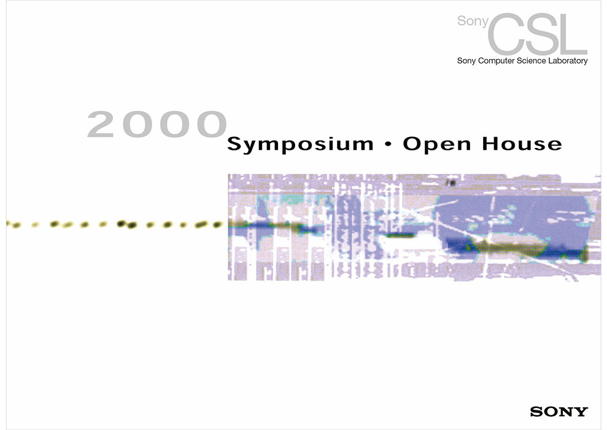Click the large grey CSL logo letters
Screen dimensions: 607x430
tap(538, 34)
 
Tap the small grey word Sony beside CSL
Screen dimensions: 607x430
tap(473, 21)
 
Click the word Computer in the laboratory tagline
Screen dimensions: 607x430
tap(497, 61)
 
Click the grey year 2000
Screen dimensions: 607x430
tap(157, 124)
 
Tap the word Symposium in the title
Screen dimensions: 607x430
tap(300, 144)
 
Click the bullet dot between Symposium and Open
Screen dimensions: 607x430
tap(389, 144)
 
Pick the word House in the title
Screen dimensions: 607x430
tap(522, 143)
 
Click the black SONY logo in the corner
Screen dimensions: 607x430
tap(559, 412)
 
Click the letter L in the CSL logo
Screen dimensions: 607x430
tap(574, 34)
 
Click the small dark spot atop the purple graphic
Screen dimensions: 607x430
tap(451, 182)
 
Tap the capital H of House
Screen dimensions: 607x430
tap(491, 143)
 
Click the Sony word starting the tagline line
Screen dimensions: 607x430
tap(466, 61)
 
